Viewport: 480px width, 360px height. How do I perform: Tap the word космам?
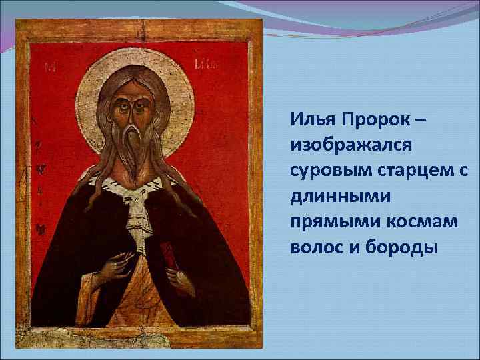pyautogui.click(x=422, y=222)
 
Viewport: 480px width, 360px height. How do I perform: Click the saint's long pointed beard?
pyautogui.click(x=138, y=150)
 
